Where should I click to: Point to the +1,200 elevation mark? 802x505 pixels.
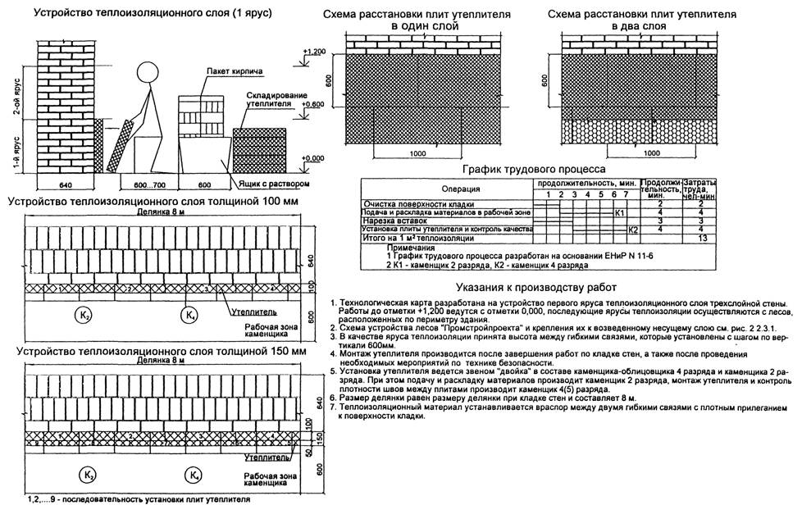click(x=313, y=52)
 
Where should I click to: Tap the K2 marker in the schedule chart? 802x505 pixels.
click(x=632, y=230)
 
